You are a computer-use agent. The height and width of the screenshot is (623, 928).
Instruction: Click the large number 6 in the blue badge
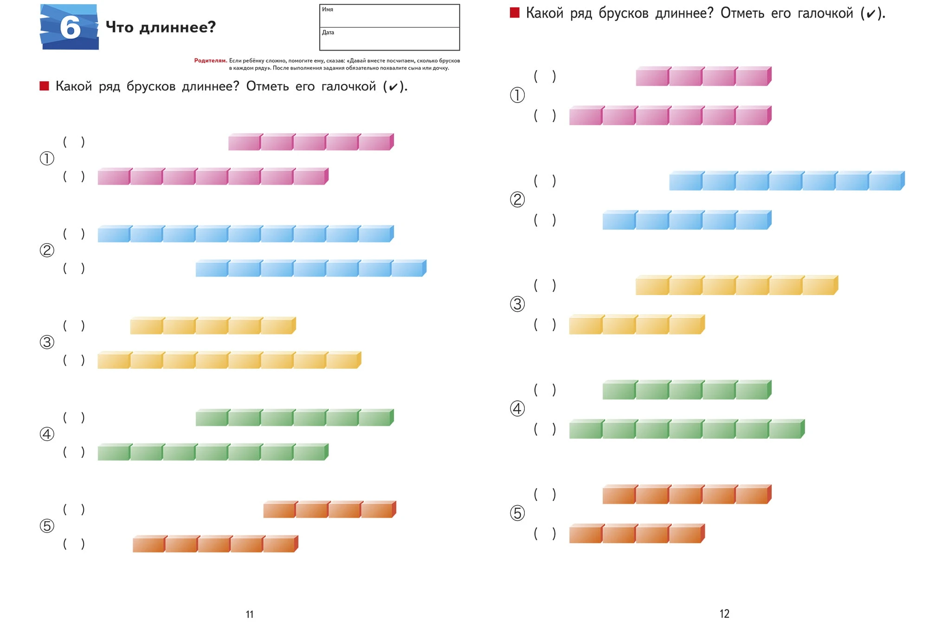[x=70, y=27]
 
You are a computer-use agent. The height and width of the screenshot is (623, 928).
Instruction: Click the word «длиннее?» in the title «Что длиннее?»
[x=178, y=27]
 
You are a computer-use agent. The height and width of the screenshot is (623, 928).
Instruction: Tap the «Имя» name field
[x=389, y=16]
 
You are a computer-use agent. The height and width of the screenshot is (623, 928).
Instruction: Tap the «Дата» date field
[x=389, y=39]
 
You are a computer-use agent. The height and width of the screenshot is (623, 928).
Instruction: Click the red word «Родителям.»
[x=211, y=60]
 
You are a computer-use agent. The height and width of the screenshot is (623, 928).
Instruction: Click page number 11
[x=250, y=614]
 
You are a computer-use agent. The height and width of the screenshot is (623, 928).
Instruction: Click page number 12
[x=724, y=614]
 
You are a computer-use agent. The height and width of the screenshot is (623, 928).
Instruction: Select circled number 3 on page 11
[x=47, y=342]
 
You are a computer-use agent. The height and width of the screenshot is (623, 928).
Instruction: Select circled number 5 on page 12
[x=517, y=513]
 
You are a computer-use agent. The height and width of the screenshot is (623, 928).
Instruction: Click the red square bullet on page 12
[x=515, y=13]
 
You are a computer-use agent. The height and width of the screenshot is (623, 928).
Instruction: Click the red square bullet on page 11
[x=44, y=86]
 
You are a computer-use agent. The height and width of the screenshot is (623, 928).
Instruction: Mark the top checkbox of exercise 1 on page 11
[x=74, y=142]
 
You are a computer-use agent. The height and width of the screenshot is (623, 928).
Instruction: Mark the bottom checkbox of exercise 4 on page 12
[x=545, y=429]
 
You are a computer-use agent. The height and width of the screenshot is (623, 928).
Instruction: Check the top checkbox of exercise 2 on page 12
[x=545, y=180]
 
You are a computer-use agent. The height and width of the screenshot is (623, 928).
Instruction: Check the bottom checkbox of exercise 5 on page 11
[x=74, y=544]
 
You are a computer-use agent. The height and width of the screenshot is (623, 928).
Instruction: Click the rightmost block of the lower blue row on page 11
[x=409, y=268]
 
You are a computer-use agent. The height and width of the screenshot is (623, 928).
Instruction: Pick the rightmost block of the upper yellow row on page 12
[x=820, y=285]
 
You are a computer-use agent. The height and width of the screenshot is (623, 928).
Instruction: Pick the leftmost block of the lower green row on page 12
[x=586, y=429]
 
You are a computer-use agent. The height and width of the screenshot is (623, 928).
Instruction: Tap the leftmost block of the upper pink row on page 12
[x=653, y=76]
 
